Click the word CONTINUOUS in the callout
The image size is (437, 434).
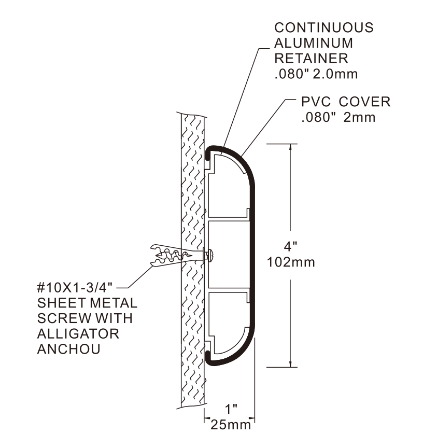point(323,27)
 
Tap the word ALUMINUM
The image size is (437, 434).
point(314,43)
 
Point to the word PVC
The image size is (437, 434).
point(315,102)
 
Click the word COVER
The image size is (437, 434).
point(363,102)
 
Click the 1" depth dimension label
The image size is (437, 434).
point(229,409)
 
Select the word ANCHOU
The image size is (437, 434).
point(68,349)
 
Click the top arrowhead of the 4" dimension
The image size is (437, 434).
point(290,148)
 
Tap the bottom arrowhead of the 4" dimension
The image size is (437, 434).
point(290,362)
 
